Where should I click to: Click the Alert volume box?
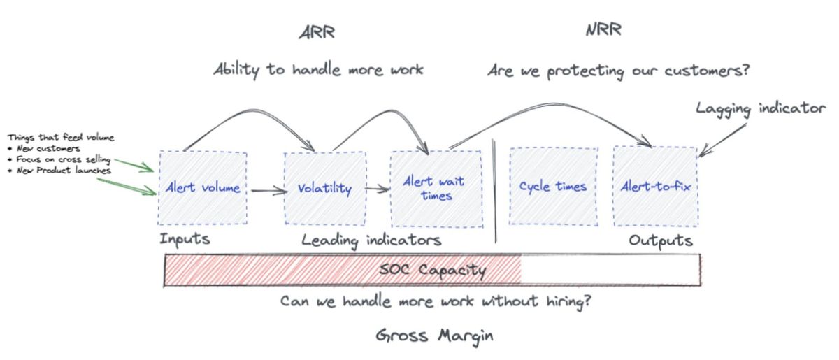point(203,187)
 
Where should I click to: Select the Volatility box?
point(324,188)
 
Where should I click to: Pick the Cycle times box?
point(552,187)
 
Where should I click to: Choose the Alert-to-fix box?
point(655,187)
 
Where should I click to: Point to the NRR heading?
point(602,30)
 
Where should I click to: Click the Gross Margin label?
point(434,336)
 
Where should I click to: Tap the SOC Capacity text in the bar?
point(433,269)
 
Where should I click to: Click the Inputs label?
point(185,239)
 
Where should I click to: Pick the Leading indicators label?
point(371,240)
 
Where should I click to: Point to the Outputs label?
point(661,240)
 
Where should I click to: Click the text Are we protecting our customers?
point(618,71)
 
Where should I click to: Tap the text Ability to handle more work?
point(318,70)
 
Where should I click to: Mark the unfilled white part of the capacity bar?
point(610,270)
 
